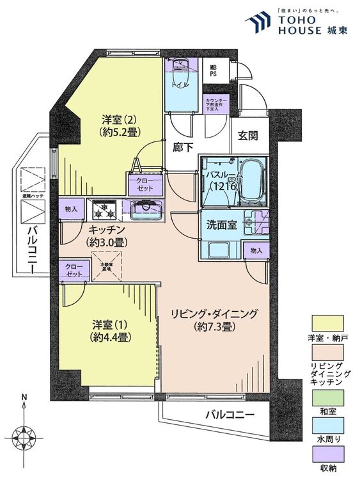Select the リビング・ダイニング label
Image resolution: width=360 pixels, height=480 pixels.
(214, 319)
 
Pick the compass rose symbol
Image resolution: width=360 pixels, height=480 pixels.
(26, 440)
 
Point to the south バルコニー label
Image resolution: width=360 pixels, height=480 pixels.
(230, 415)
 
